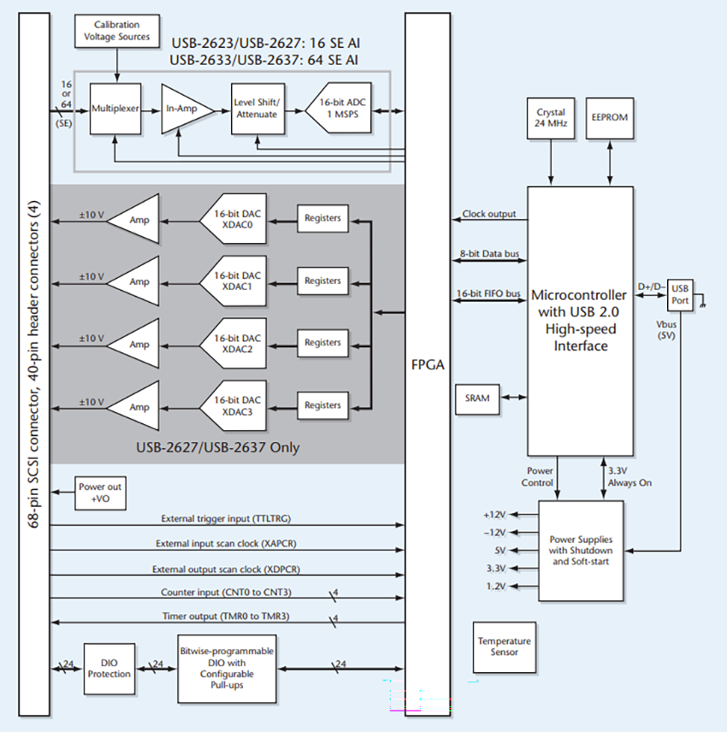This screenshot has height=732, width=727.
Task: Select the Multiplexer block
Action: click(115, 109)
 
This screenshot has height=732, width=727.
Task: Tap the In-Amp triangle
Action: click(180, 109)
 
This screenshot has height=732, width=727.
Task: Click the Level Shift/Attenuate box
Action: click(256, 109)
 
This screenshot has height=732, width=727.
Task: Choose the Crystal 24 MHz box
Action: click(551, 118)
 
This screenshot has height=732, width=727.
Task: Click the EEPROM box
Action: click(610, 118)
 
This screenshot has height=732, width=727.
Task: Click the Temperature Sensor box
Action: click(504, 646)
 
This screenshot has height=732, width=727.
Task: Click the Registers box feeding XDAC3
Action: click(322, 405)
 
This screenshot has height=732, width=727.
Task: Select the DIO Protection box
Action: click(110, 668)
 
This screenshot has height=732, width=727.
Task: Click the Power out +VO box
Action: click(100, 493)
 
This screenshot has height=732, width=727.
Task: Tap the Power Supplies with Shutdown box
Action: click(585, 550)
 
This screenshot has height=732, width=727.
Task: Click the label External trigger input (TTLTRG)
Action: click(228, 518)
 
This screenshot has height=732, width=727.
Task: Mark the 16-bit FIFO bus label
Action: click(488, 294)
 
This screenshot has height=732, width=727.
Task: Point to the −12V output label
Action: click(495, 532)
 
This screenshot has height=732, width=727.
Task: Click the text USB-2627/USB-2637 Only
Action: click(218, 447)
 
